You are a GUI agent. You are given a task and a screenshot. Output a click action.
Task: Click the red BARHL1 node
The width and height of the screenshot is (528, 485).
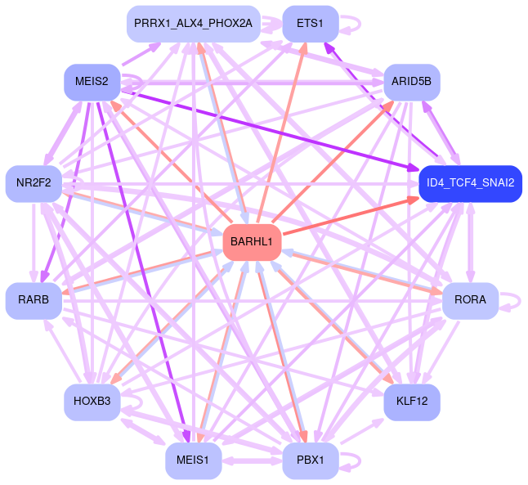click(253, 242)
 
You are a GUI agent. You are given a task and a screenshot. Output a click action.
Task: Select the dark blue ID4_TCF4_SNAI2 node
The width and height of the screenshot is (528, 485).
click(470, 183)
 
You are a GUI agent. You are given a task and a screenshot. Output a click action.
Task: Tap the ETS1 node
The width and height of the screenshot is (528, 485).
click(311, 24)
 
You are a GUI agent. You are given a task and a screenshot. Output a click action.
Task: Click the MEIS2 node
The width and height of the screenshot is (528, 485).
click(92, 81)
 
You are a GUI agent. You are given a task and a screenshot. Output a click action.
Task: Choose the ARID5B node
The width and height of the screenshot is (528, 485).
click(412, 82)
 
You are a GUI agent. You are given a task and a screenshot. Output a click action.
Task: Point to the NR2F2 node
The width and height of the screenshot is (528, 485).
click(34, 183)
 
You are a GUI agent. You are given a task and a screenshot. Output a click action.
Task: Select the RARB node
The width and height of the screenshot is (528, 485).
click(34, 300)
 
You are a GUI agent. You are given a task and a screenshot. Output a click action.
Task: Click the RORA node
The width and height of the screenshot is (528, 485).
click(470, 300)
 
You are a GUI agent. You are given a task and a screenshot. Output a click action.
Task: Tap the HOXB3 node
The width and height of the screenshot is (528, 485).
click(92, 401)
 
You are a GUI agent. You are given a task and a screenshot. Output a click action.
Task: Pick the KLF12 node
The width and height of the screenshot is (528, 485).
click(412, 401)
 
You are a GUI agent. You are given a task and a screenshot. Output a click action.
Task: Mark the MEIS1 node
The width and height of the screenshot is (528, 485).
click(193, 460)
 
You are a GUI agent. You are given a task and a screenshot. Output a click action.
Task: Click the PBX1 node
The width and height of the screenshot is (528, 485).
click(311, 460)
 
